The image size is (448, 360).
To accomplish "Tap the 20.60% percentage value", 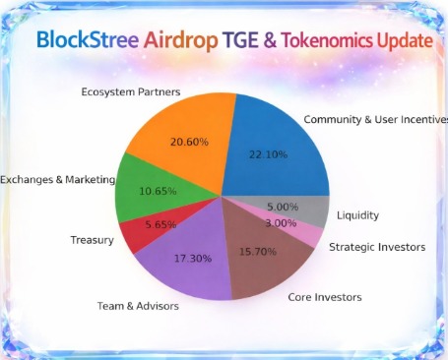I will tap(188, 142).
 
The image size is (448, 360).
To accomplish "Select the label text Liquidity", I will tap(356, 214).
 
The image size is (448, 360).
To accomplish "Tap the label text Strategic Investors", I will tap(377, 247).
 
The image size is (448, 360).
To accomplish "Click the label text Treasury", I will tap(93, 240).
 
